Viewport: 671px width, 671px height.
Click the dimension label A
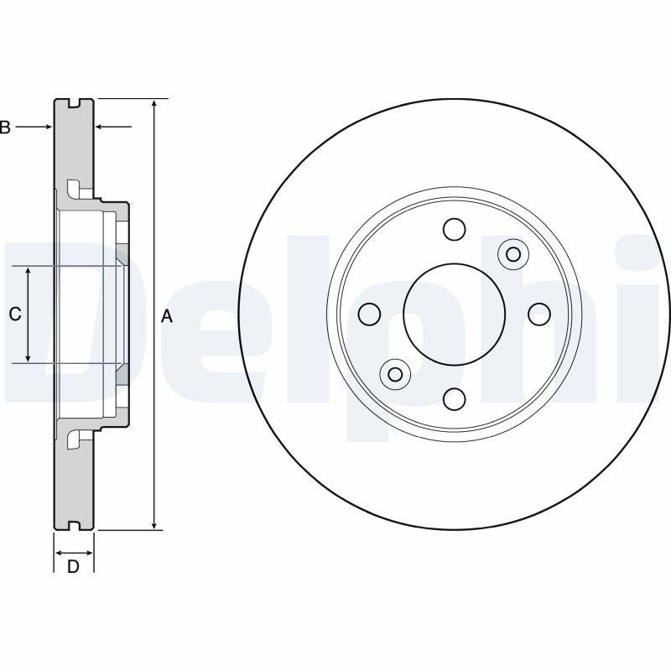tap(166, 316)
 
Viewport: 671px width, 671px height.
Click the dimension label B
tap(5, 127)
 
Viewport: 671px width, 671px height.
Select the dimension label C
tap(14, 315)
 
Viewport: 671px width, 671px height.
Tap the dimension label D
tap(73, 567)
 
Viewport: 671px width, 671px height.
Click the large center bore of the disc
tap(454, 314)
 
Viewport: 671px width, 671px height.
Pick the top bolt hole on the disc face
tap(454, 229)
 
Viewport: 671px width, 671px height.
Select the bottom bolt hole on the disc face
tap(454, 398)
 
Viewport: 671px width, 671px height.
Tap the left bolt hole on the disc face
tap(369, 315)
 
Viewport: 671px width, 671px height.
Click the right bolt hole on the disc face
tap(538, 315)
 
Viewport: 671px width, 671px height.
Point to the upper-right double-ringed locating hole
tap(513, 254)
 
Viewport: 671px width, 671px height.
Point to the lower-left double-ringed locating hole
tap(394, 373)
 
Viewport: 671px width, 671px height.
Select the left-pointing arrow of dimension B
tap(112, 127)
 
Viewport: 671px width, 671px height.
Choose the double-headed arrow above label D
tap(74, 553)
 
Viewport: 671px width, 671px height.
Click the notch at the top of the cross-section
tap(74, 103)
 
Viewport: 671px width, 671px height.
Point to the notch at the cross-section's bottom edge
tap(74, 526)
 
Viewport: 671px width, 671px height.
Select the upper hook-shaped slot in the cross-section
tap(74, 187)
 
